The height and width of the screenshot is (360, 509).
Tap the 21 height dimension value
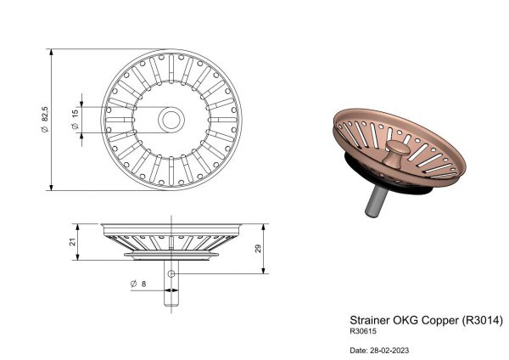click(72, 242)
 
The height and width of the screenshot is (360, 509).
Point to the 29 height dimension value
click(258, 249)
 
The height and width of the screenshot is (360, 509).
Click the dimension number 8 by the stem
click(144, 284)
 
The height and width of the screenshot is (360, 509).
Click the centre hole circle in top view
click(171, 120)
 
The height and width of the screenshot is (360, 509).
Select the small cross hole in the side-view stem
click(171, 273)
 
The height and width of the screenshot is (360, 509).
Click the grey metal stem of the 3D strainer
click(376, 201)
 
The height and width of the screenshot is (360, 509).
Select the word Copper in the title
click(439, 320)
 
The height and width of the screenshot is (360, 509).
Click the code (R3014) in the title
click(482, 320)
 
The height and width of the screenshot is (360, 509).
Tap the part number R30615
click(363, 331)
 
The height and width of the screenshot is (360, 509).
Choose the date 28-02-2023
click(389, 351)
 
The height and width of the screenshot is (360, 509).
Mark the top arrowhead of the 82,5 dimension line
click(51, 53)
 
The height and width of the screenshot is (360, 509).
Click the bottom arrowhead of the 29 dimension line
click(264, 270)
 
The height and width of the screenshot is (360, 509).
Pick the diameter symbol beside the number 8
click(133, 284)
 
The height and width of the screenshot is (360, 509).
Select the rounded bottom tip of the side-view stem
click(171, 305)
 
